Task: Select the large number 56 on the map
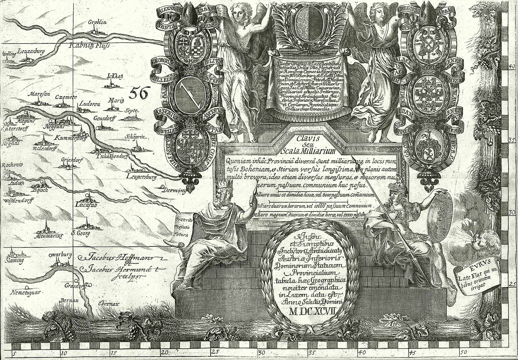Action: tap(138, 93)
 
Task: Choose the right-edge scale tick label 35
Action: tap(513, 140)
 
